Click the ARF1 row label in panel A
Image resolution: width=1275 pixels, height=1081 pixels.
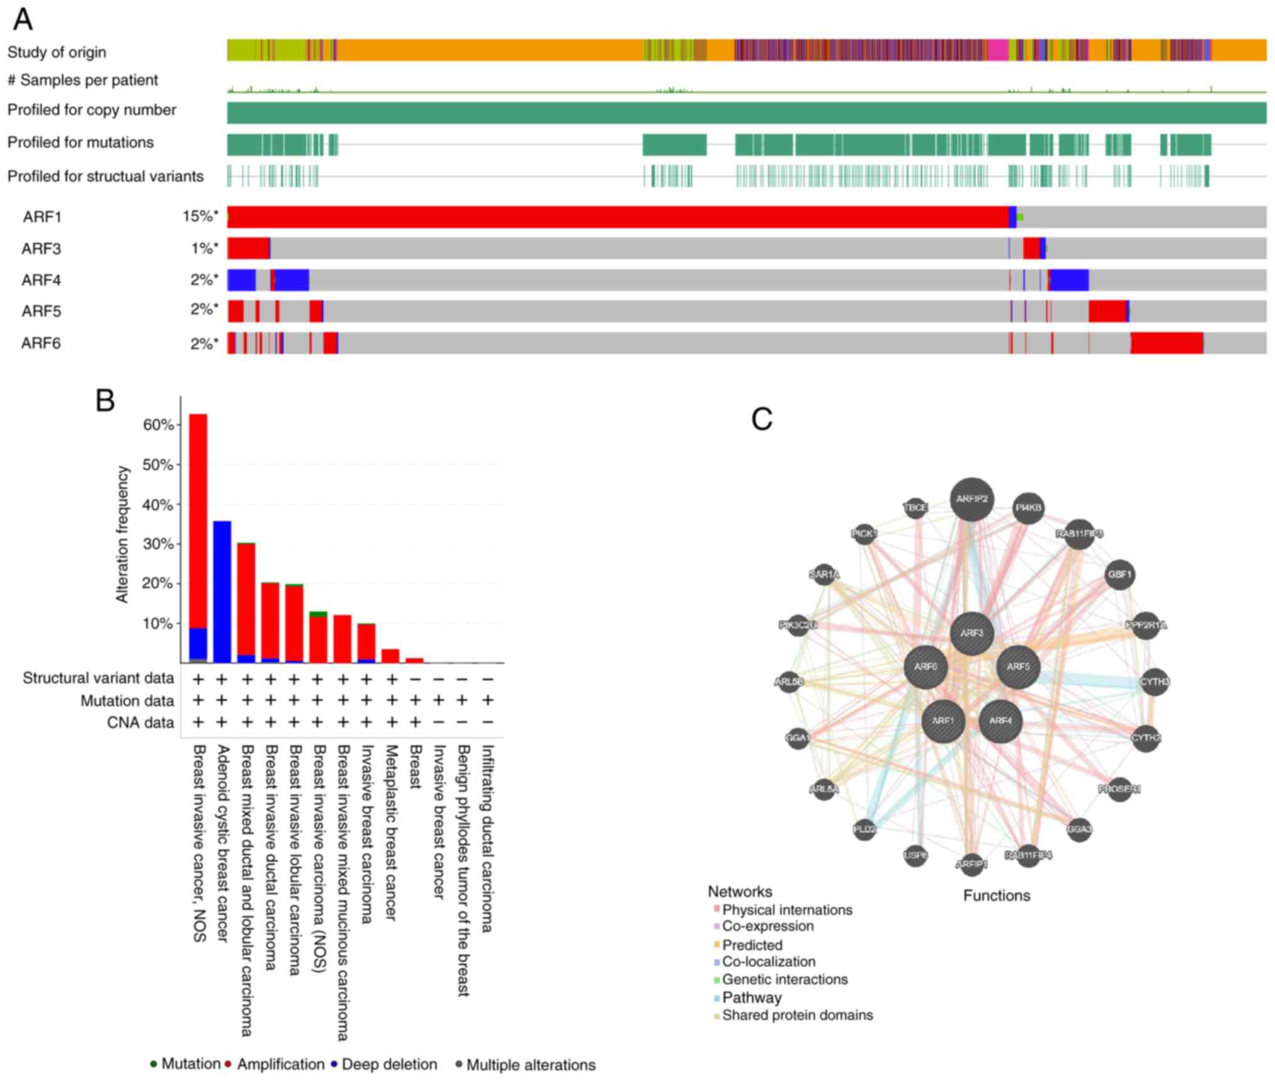42,217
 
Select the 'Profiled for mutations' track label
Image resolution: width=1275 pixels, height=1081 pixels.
80,143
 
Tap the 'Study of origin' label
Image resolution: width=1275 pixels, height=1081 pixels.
56,52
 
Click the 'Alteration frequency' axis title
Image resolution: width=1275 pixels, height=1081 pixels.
122,534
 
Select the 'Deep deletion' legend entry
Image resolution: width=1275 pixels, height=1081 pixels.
389,1065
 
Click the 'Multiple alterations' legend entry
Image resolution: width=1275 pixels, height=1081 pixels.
531,1065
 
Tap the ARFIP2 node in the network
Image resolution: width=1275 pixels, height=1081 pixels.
971,499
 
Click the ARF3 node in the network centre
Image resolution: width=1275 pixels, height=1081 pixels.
971,633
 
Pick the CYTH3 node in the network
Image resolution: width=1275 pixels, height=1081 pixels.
1155,682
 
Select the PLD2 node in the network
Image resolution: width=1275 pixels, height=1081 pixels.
865,829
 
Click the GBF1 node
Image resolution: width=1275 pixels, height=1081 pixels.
1119,575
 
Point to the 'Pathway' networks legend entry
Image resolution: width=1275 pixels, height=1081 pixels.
752,998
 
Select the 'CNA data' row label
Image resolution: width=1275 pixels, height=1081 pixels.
140,723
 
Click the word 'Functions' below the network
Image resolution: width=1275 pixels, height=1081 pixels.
996,896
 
